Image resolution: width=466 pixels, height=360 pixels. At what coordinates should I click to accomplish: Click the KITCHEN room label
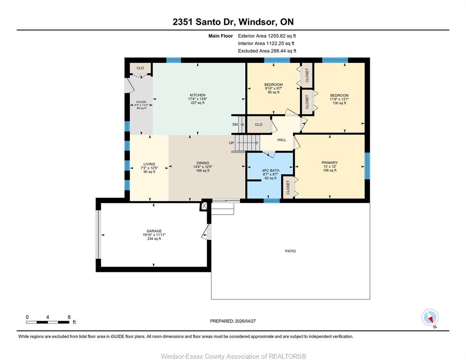tap(198, 95)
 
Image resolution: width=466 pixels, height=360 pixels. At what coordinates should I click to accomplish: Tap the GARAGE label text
tap(154, 231)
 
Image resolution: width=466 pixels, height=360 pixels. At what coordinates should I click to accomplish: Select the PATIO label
tap(290, 251)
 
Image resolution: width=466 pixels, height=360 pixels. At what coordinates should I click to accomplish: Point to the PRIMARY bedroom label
tap(330, 163)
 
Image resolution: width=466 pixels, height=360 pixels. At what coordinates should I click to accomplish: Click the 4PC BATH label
tap(271, 171)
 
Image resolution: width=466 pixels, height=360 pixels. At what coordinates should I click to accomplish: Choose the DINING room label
tap(203, 163)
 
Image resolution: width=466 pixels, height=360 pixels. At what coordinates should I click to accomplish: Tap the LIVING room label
tap(149, 164)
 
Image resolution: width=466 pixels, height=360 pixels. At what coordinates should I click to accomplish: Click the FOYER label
tap(141, 102)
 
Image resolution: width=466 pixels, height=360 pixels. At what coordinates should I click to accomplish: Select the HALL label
tap(282, 140)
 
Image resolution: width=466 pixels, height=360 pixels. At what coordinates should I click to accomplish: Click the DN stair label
tap(235, 125)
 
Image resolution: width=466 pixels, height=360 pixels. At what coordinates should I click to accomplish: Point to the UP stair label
tap(232, 143)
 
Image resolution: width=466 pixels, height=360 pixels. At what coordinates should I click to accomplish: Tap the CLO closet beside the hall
tap(259, 125)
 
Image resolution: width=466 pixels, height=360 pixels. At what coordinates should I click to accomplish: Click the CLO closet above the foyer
tap(140, 68)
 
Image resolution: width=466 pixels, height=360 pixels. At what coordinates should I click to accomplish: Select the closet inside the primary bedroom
tap(288, 187)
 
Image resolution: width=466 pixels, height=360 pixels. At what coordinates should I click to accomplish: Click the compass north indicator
tap(430, 317)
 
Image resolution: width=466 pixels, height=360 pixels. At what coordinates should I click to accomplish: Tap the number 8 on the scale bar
tap(69, 317)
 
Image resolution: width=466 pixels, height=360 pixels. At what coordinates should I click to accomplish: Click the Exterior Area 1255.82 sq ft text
tap(267, 36)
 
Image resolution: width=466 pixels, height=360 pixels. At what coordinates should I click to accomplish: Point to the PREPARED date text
tap(233, 321)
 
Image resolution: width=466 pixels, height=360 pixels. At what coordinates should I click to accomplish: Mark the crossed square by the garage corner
tap(204, 206)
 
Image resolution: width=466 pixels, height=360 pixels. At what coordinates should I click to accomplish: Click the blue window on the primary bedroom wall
tap(368, 166)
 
